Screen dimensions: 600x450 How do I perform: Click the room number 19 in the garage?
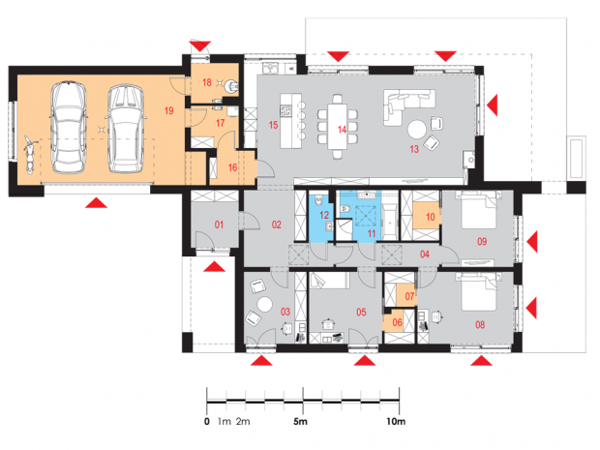[x=168, y=110]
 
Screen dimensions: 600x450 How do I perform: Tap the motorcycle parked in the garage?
[x=29, y=154]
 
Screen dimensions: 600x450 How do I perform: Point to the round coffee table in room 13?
[x=417, y=130]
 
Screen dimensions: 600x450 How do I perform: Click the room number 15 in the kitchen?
[x=273, y=125]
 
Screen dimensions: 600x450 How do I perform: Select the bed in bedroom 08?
[x=479, y=291]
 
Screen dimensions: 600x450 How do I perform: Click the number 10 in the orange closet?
[x=430, y=217]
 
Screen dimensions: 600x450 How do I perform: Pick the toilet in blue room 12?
[x=318, y=201]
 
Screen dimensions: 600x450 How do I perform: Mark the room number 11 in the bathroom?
[x=372, y=233]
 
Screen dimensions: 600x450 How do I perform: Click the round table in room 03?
[x=264, y=305]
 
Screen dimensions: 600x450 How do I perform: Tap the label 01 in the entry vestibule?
[x=219, y=225]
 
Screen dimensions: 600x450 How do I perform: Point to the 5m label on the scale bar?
[x=300, y=422]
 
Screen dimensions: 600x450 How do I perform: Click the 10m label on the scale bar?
[x=396, y=422]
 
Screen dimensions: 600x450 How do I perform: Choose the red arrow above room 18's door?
[x=200, y=46]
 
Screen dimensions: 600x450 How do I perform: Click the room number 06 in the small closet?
[x=397, y=322]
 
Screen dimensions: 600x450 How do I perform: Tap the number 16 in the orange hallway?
[x=232, y=167]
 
